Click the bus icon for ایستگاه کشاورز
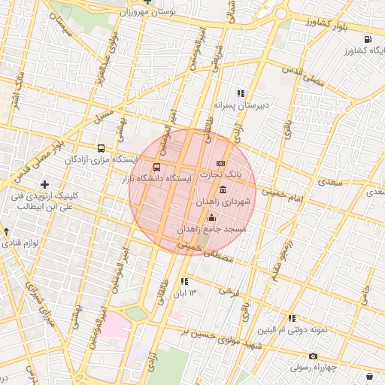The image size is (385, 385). click(367, 39)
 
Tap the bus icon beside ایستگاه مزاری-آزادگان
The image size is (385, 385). click(102, 148)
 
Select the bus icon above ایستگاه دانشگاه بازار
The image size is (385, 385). click(156, 167)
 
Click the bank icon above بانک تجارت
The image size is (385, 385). click(220, 163)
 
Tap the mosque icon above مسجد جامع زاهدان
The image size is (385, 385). click(211, 217)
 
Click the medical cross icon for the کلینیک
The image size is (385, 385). click(44, 184)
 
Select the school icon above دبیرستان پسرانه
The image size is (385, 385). click(240, 93)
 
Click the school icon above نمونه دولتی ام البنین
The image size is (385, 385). click(291, 318)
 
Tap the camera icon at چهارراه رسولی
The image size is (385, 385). click(313, 356)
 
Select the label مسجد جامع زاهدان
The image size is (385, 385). click(213, 228)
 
